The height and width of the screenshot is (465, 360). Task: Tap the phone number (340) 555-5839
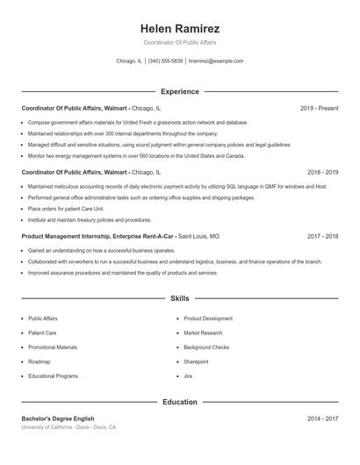coord(165,61)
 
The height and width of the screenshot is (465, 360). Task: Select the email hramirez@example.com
coord(216,61)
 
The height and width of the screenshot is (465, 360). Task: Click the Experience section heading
coord(179,91)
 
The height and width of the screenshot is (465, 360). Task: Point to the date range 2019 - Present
coord(319,108)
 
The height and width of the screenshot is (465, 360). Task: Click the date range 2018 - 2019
coord(322,173)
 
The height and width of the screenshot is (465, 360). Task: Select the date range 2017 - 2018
coord(322,237)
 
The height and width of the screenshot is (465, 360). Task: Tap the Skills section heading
coord(179,299)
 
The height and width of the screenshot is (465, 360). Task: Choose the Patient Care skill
coord(42,333)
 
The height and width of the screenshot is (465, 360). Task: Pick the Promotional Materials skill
coord(53,347)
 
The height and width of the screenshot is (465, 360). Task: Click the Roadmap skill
coord(39,361)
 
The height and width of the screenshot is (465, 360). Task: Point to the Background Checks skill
coord(207,347)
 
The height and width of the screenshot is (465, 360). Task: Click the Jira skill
coord(188,376)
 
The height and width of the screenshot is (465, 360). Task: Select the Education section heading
coord(179,402)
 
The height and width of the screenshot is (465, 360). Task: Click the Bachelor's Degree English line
coord(58,419)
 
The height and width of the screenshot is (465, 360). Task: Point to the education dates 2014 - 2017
coord(322,419)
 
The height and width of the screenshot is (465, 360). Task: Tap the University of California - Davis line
coord(68,427)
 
